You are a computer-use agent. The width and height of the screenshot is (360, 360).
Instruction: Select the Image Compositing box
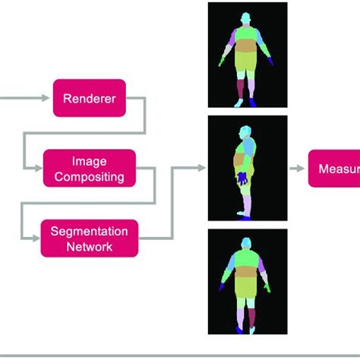89,169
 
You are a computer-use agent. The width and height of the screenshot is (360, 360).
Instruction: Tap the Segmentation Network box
89,238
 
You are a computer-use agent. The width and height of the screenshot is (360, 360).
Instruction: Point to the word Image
89,161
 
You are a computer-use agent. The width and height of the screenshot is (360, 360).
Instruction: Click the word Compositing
89,177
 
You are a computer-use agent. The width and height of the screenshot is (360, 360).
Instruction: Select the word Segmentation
89,231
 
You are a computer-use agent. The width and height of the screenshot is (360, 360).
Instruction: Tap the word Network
89,247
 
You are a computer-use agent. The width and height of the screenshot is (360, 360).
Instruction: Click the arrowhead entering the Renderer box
47,98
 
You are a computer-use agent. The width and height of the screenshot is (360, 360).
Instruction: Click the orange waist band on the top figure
248,61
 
